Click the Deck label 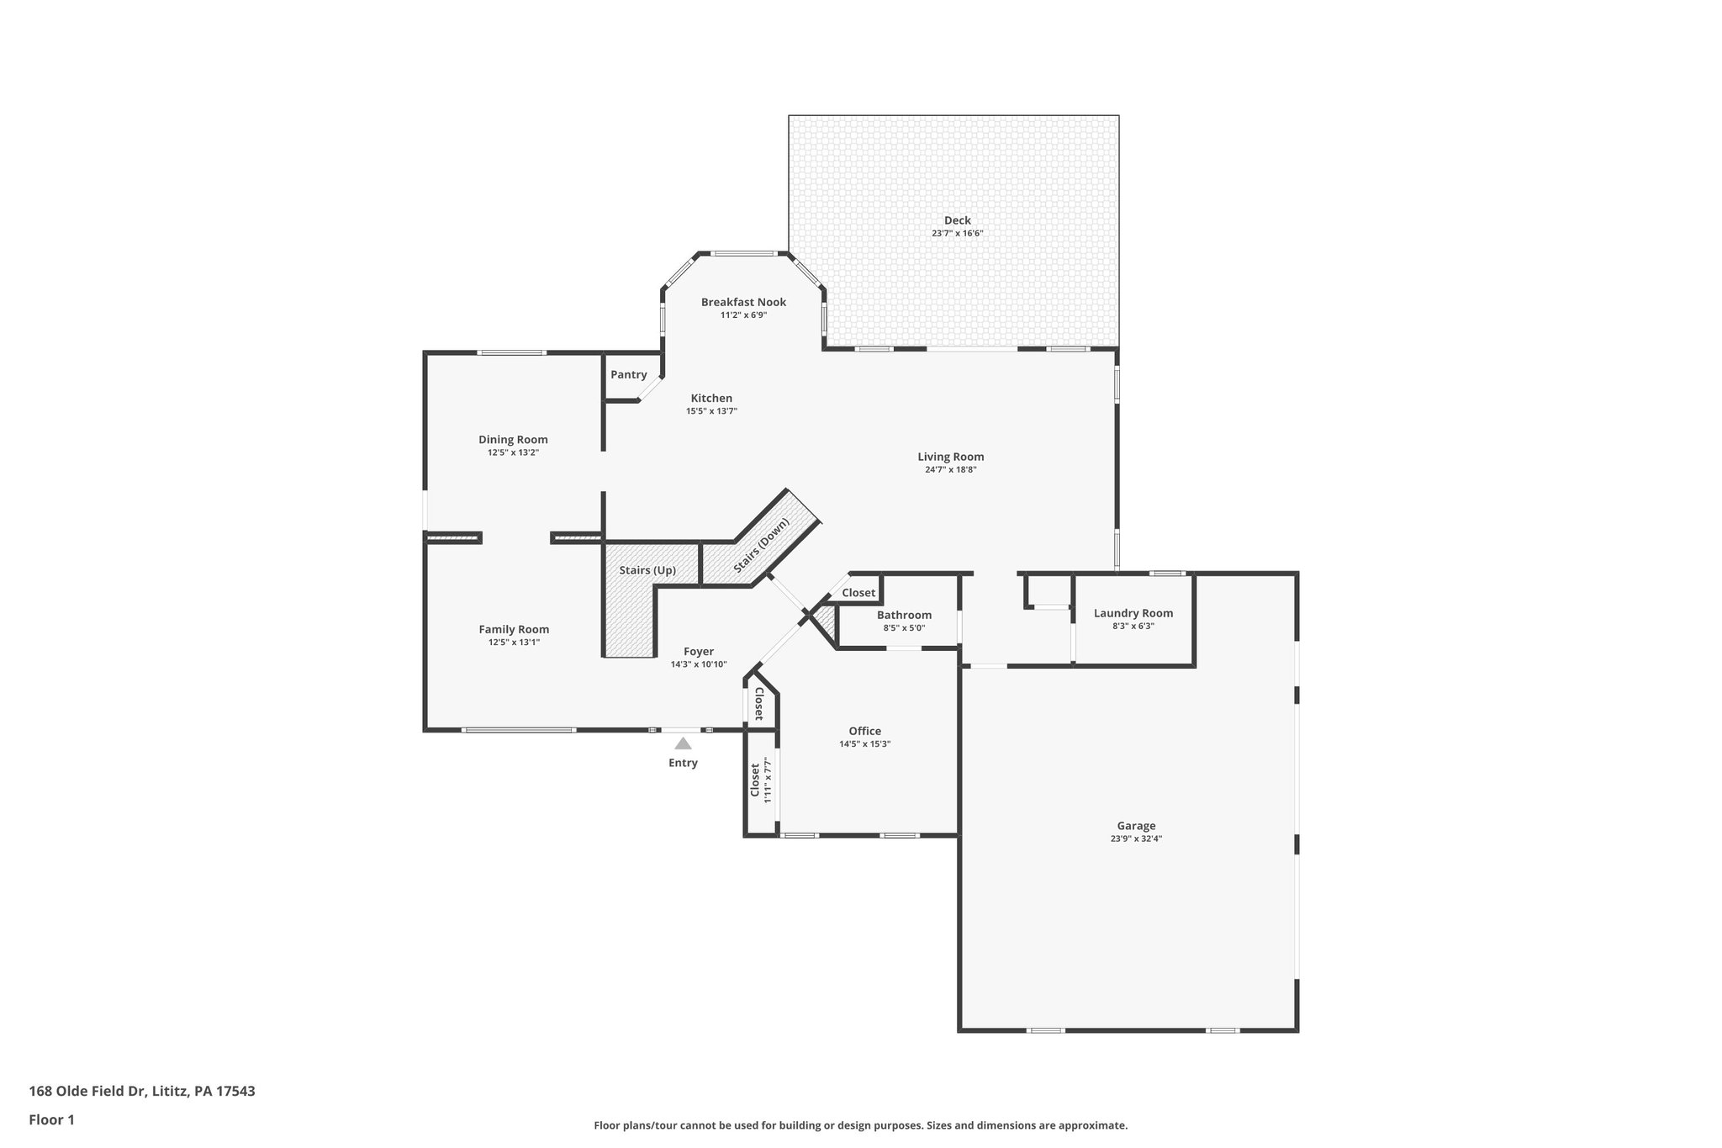pyautogui.click(x=957, y=220)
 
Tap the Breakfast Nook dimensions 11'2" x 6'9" pyautogui.click(x=743, y=315)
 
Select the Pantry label pyautogui.click(x=628, y=375)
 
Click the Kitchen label pyautogui.click(x=711, y=399)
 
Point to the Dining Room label pyautogui.click(x=513, y=440)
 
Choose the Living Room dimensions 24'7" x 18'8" pyautogui.click(x=950, y=470)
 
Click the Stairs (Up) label pyautogui.click(x=647, y=570)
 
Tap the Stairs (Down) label pyautogui.click(x=762, y=546)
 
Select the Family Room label pyautogui.click(x=514, y=629)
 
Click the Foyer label pyautogui.click(x=699, y=652)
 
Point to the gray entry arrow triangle pyautogui.click(x=683, y=743)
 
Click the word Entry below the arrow pyautogui.click(x=683, y=763)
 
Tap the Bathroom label pyautogui.click(x=904, y=615)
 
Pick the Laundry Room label pyautogui.click(x=1133, y=613)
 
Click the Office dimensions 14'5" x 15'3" pyautogui.click(x=864, y=744)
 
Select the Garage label pyautogui.click(x=1136, y=826)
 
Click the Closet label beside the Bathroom pyautogui.click(x=858, y=593)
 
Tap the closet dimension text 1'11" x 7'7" pyautogui.click(x=768, y=780)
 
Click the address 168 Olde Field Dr pyautogui.click(x=88, y=1091)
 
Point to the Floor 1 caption pyautogui.click(x=52, y=1119)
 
